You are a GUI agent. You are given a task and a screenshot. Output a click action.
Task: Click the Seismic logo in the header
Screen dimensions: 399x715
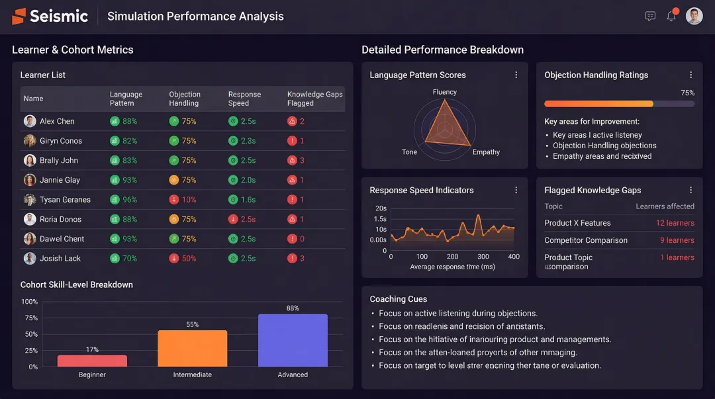tap(50, 17)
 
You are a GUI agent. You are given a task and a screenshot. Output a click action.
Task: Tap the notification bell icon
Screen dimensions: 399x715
tap(671, 17)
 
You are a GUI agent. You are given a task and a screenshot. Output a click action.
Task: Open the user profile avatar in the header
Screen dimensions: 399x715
tap(694, 17)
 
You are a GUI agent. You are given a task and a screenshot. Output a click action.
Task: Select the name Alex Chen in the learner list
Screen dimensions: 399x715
tap(57, 121)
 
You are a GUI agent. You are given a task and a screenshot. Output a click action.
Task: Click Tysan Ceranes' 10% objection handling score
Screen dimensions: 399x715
tap(189, 200)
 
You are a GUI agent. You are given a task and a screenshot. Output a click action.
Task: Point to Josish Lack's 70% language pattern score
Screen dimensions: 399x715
tap(129, 259)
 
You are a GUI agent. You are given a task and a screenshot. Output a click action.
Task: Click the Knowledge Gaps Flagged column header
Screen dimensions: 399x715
tap(314, 99)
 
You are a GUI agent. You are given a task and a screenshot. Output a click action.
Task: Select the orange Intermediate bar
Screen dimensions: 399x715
tap(192, 348)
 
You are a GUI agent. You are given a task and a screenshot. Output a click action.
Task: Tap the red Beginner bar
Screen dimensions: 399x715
tap(92, 361)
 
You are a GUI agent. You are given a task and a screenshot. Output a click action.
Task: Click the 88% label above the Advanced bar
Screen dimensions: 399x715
tap(293, 308)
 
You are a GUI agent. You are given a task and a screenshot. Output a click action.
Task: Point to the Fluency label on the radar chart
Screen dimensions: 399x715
tap(445, 92)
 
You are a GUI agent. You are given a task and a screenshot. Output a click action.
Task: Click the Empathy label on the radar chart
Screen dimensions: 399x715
tap(486, 152)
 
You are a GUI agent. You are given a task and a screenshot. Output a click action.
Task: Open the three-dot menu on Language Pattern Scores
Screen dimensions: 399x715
tap(516, 75)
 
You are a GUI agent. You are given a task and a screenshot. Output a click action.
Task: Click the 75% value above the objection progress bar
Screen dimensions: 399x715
tap(687, 93)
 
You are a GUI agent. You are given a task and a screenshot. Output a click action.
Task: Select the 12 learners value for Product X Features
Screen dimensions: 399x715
tap(675, 223)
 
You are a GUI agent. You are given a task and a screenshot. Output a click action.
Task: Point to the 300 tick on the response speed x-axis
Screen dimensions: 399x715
tap(483, 257)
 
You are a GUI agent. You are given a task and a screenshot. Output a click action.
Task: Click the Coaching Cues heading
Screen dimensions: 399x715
tap(399, 299)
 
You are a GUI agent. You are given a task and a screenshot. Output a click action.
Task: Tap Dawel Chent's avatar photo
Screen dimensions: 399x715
tap(30, 239)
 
